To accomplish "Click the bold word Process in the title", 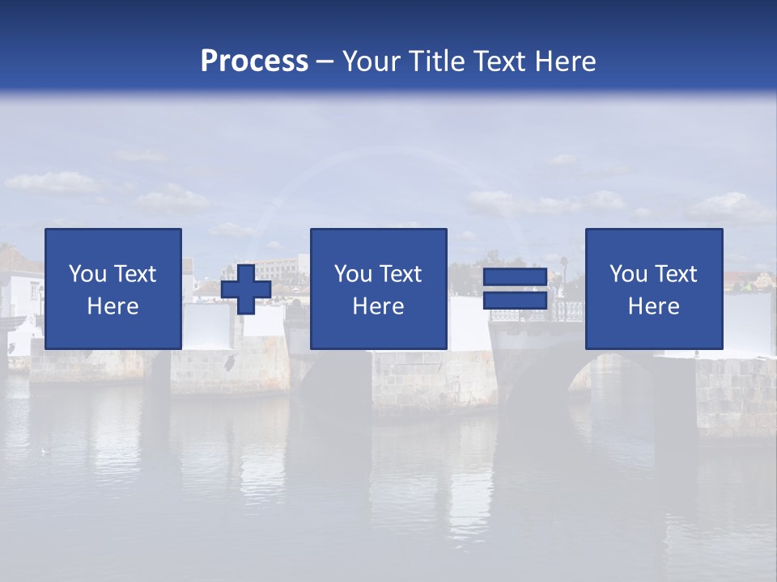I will click(254, 61).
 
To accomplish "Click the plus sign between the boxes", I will click(246, 289).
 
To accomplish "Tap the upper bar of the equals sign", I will click(515, 277).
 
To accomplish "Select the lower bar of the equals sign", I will click(515, 301).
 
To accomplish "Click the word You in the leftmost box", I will click(88, 274).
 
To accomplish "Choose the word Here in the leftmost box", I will click(113, 306).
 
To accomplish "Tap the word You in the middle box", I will click(354, 274).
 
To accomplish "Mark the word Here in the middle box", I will click(378, 306).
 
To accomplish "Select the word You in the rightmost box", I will click(629, 274).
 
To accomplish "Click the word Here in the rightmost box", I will click(653, 306).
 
